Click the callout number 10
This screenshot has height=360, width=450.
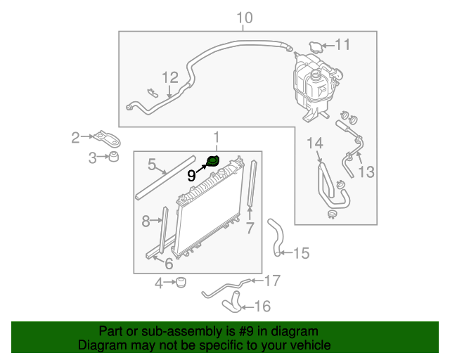[243, 18]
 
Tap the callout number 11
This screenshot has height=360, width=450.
[342, 46]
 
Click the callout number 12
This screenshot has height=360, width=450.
[170, 77]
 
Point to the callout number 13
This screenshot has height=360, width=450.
[367, 172]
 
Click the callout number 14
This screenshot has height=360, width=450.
[314, 144]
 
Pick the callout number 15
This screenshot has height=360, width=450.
[301, 253]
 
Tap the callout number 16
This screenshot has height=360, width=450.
[262, 306]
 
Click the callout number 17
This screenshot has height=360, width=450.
[271, 281]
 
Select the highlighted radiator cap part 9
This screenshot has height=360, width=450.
[212, 163]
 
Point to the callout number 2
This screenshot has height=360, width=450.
[76, 137]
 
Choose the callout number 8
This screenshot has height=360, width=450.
[146, 222]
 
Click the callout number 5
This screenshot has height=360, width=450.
[151, 165]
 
